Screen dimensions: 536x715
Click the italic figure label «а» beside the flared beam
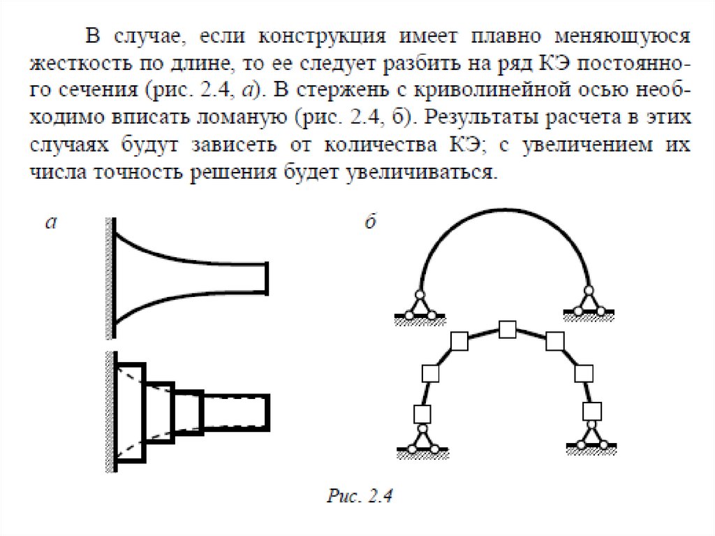[x=50, y=223]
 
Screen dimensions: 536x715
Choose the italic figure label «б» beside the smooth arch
[x=371, y=223]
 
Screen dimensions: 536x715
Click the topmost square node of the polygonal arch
[x=508, y=329]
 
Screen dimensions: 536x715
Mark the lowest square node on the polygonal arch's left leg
[x=422, y=414]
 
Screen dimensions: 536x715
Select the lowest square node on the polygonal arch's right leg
[x=593, y=410]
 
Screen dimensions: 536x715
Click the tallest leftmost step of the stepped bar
[x=131, y=412]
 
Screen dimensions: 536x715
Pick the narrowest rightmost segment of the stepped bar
[x=235, y=412]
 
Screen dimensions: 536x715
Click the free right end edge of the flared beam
[x=267, y=277]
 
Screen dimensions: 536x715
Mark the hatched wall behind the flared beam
[x=110, y=273]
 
